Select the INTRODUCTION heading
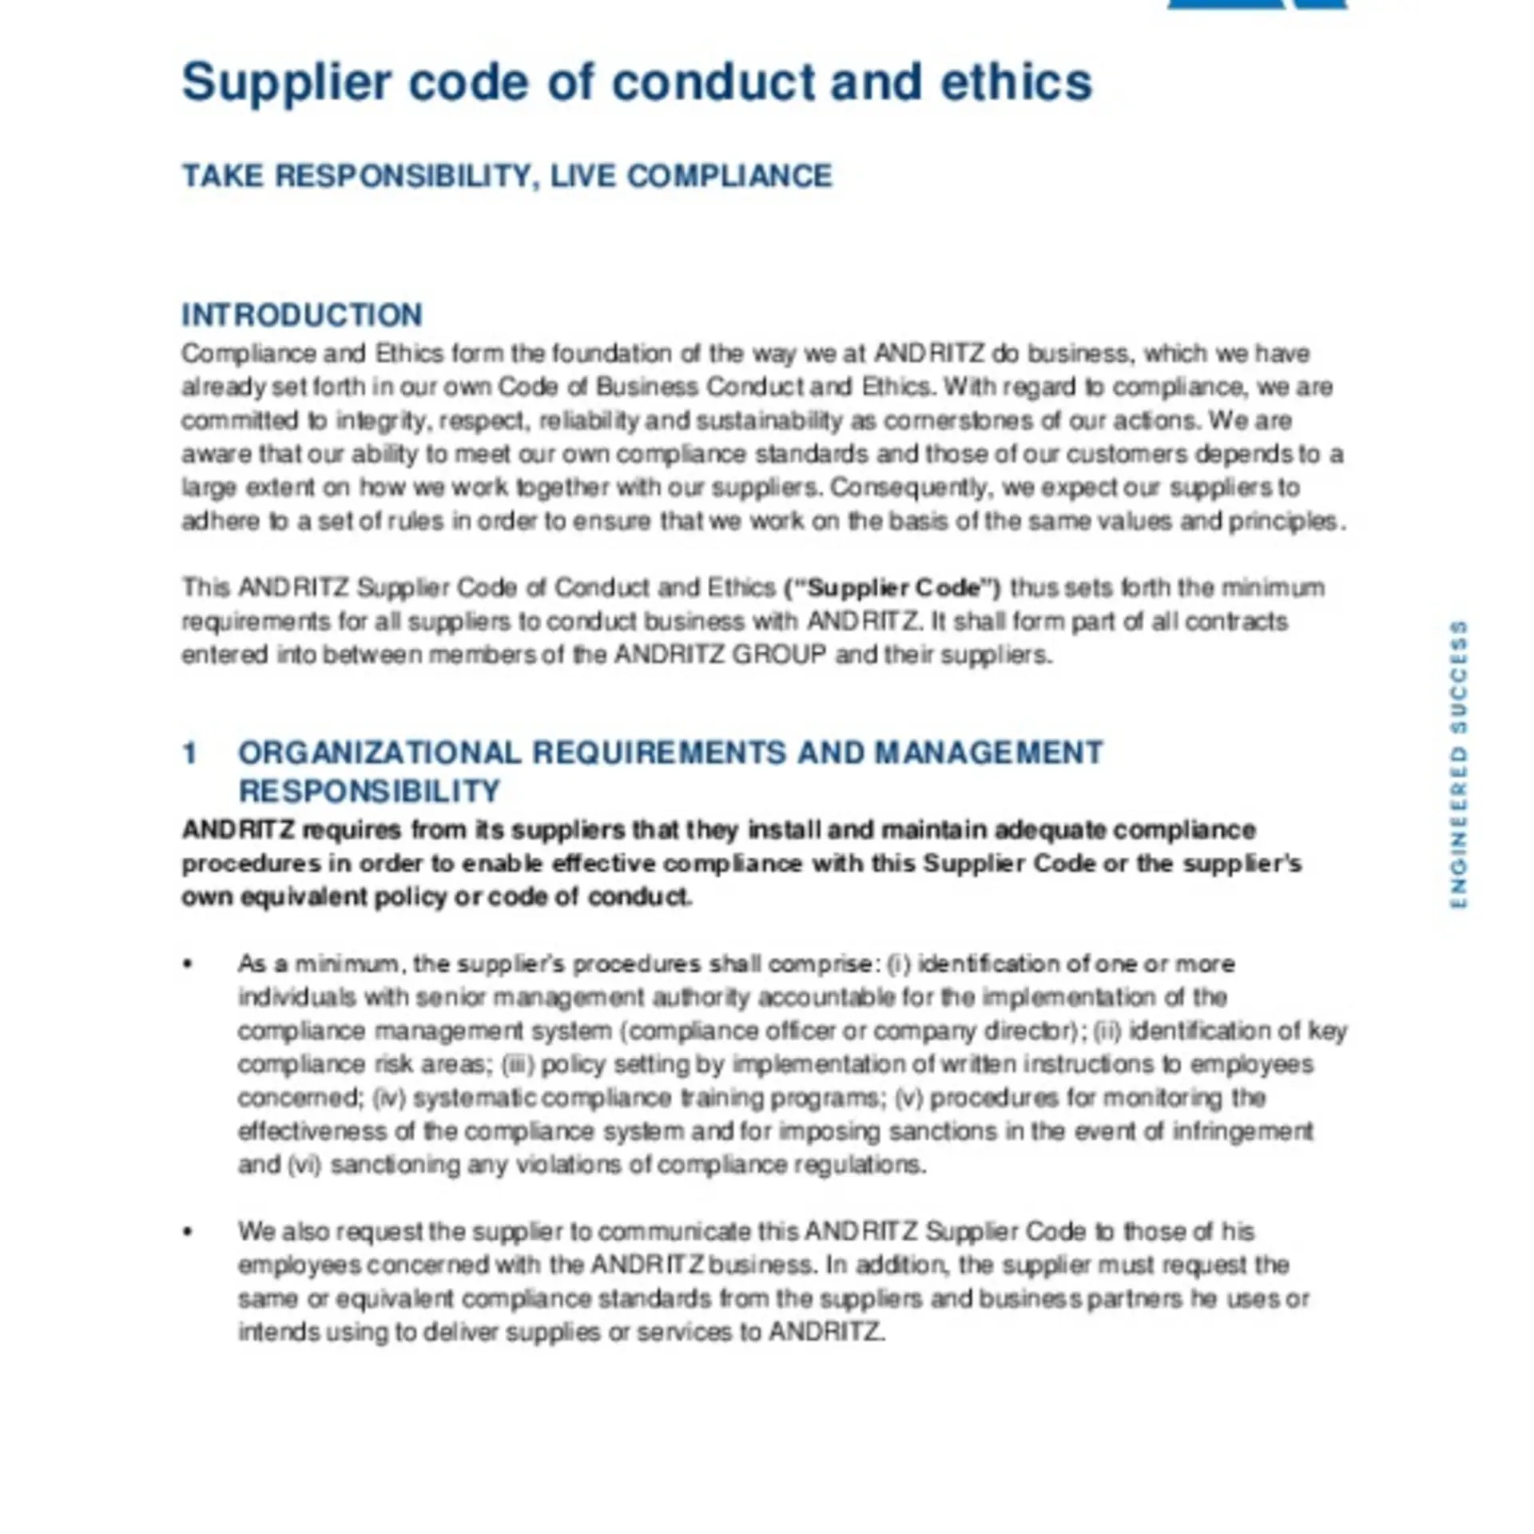coord(302,315)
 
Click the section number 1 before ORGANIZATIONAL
coord(189,753)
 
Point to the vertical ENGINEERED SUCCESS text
coord(1458,765)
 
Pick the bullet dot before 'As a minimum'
coord(188,964)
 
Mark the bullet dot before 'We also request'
coord(188,1232)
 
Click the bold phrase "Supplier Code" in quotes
coord(893,588)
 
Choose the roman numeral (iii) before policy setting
coord(518,1064)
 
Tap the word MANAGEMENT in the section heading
coord(989,753)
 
